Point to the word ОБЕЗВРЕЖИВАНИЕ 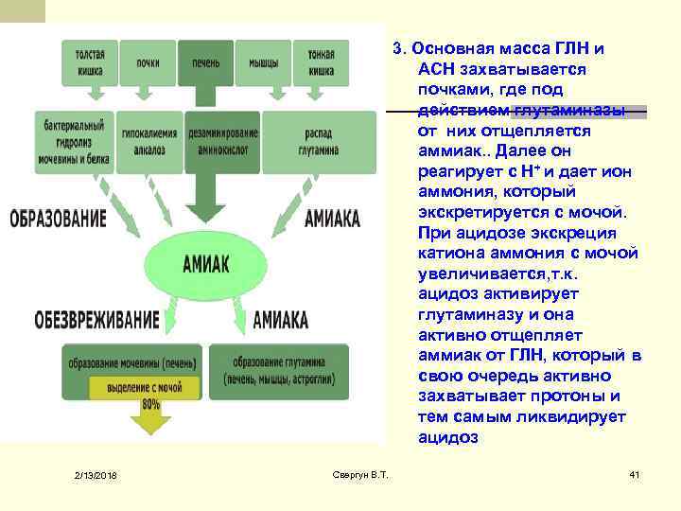pos(83,318)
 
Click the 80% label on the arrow pos(149,404)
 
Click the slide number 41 pos(635,472)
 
